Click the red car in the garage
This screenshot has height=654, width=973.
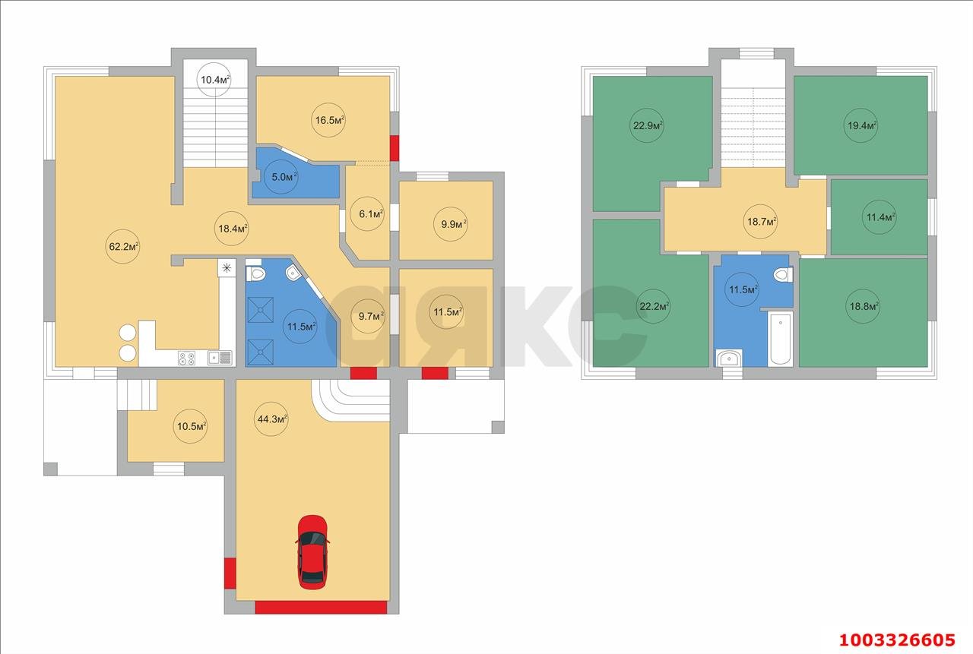point(312,552)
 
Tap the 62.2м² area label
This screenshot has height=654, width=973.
point(124,247)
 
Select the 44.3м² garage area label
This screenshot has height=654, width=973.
point(272,419)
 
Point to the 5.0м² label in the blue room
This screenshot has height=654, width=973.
point(284,177)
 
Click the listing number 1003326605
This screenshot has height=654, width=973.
point(897,640)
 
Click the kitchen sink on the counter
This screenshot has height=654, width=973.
point(220,358)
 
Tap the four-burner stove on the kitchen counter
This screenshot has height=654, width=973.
point(186,358)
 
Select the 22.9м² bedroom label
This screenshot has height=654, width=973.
point(647,126)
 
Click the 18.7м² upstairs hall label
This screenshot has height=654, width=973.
point(762,222)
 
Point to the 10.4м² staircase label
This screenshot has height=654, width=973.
point(215,80)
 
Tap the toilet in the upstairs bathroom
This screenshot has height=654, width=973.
point(784,274)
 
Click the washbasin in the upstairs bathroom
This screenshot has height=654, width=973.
point(729,358)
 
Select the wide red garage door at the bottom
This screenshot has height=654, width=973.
point(321,607)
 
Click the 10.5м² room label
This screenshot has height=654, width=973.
point(191,426)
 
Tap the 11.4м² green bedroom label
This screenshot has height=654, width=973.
point(880,217)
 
